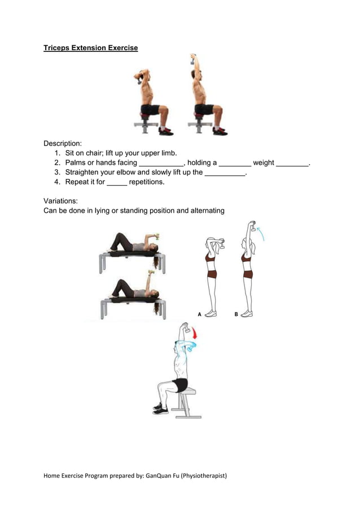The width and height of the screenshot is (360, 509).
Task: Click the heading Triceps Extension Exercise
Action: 91,48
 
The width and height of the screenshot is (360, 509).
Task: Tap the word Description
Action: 62,143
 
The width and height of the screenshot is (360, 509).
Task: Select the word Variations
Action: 60,201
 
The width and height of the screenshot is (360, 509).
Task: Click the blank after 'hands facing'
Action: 161,165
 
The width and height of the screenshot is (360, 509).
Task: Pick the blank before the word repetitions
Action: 117,185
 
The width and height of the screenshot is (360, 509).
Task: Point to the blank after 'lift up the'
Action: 225,175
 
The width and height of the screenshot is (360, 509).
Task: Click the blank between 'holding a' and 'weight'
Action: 235,165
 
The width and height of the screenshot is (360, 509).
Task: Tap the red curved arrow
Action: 194,333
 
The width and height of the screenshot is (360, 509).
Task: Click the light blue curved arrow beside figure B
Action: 261,234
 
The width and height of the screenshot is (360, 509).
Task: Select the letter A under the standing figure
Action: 200,314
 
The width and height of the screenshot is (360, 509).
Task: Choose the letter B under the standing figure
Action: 236,314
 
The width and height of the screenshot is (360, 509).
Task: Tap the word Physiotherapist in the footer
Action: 204,476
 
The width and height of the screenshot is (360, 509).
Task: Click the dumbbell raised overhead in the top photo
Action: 193,59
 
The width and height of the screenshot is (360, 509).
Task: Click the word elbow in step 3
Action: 126,172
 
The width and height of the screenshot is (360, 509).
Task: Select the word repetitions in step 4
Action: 146,182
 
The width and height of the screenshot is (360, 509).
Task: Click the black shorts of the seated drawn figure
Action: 181,385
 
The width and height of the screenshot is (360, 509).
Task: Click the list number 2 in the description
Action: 57,163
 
